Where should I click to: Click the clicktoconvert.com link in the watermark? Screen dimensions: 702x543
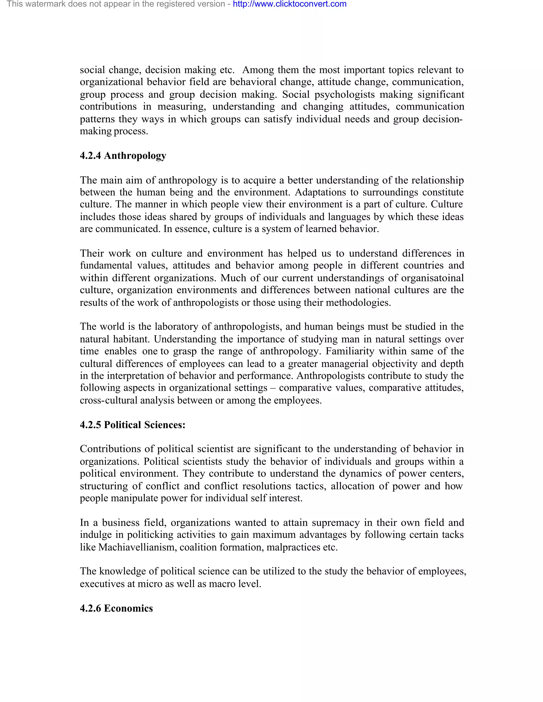click(x=290, y=4)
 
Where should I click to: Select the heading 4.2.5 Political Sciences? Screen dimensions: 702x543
click(x=133, y=425)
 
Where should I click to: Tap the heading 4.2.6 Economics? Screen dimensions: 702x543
click(x=116, y=608)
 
